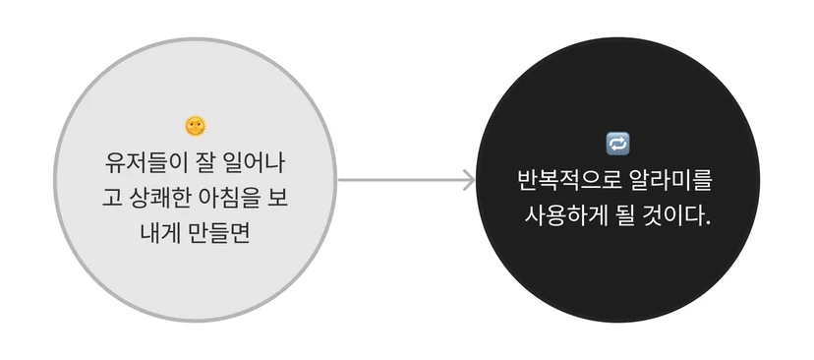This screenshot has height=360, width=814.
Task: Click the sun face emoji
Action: tap(196, 126)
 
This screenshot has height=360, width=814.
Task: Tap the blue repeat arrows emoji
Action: tap(617, 144)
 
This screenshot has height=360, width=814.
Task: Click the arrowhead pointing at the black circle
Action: tap(469, 180)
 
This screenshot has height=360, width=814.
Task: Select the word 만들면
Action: tap(220, 234)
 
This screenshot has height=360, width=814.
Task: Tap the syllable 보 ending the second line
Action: tap(278, 199)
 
